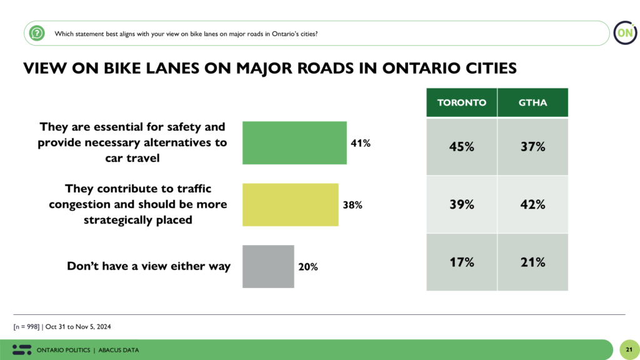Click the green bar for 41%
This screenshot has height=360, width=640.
pos(294,143)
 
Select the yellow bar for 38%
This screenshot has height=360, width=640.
pos(290,204)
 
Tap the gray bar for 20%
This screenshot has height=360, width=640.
pos(268,266)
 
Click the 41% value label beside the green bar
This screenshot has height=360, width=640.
pos(361,143)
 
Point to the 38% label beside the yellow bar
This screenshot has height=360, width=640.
pos(352,204)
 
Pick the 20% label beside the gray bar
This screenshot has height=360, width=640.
pos(307,267)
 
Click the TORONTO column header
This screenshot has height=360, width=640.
pos(461,102)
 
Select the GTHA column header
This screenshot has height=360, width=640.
pos(532,102)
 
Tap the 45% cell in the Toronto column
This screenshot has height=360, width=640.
pos(461,147)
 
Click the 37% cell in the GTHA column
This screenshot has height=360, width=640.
pos(532,147)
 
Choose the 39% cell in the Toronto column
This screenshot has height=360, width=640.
pos(461,204)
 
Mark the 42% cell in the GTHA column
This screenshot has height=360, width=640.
pos(532,204)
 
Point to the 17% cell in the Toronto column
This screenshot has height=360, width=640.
pos(461,262)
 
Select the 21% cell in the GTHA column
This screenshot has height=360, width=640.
pos(532,262)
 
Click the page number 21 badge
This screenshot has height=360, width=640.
pos(628,349)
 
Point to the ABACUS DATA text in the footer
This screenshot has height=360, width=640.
pos(118,350)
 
